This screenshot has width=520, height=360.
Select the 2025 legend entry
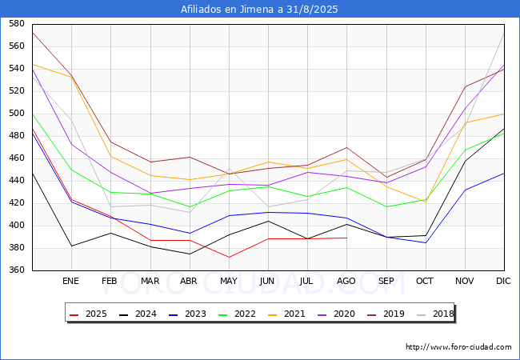(x=88, y=314)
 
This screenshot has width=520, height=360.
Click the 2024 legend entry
(x=138, y=314)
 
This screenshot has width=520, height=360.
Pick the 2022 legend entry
(x=237, y=314)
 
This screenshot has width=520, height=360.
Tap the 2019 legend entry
(x=386, y=314)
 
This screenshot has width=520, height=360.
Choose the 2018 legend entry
(x=435, y=314)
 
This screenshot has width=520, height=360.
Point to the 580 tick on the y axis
(x=17, y=23)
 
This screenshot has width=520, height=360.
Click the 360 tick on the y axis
(x=17, y=270)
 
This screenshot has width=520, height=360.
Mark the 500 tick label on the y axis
(x=17, y=113)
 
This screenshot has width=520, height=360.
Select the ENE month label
(x=70, y=281)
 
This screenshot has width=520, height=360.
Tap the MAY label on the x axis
(x=229, y=281)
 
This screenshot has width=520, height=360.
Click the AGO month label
(x=346, y=281)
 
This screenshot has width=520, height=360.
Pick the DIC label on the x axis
(x=503, y=281)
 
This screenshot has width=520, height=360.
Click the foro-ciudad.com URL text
(x=458, y=347)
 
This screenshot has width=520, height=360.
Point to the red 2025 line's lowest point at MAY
(x=229, y=258)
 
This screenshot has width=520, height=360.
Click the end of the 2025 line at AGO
(x=347, y=238)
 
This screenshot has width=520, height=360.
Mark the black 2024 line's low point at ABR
(x=190, y=254)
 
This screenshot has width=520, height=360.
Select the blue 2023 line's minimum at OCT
(x=426, y=242)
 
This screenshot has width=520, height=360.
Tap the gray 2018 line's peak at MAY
(x=229, y=169)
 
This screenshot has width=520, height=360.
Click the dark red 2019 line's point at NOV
(x=466, y=87)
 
